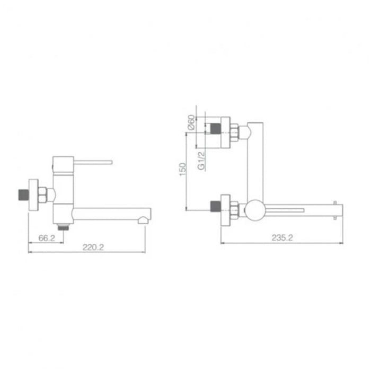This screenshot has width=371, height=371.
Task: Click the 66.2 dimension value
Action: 47,238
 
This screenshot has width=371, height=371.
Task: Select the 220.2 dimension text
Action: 92,246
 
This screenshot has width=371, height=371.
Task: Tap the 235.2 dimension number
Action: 282,238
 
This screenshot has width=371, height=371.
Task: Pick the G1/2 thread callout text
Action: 201,159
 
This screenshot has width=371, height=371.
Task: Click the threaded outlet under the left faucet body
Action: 65,225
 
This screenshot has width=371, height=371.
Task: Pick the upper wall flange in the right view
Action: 227,130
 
